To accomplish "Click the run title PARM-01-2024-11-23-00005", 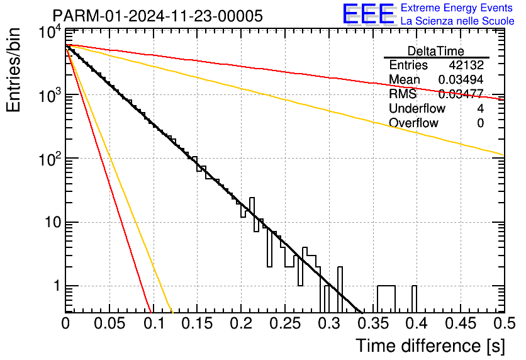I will coord(157,16).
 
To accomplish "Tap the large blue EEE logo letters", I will coord(368,14).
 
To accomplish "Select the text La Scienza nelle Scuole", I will coord(457,21).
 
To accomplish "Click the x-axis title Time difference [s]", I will coord(429,346).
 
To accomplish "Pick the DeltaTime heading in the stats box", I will coord(435,51).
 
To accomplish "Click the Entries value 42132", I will coord(466,65).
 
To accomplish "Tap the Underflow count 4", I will coord(480,108).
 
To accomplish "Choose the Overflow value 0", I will coord(480,123).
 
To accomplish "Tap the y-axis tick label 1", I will coord(56,286).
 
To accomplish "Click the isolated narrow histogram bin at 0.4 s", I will coord(414,298).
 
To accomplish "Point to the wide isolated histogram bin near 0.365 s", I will coord(386,298).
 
